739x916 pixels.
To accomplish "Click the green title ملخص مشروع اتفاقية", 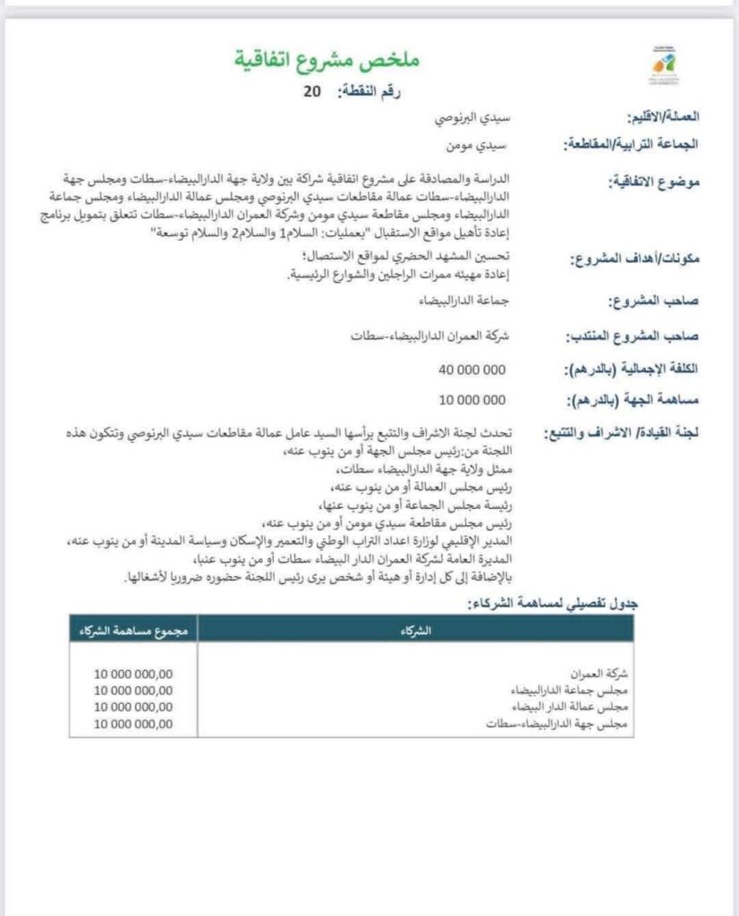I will pyautogui.click(x=327, y=61).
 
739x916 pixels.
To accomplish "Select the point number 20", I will pyautogui.click(x=311, y=91).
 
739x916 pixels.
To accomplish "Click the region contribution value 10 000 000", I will pyautogui.click(x=472, y=400).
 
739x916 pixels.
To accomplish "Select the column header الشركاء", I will pyautogui.click(x=417, y=630).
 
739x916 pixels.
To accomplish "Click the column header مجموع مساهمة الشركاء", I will pyautogui.click(x=132, y=630).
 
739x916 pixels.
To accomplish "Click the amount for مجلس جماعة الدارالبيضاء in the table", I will pyautogui.click(x=132, y=690).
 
